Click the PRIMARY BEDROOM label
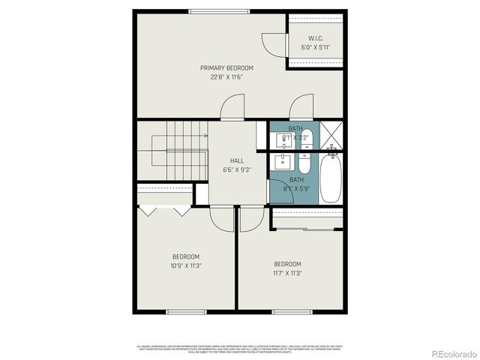(226, 67)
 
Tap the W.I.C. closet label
(316, 38)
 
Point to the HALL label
(237, 160)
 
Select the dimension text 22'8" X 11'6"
(226, 76)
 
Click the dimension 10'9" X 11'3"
(186, 265)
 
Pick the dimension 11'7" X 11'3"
(287, 273)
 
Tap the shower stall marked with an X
(334, 136)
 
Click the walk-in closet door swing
(271, 42)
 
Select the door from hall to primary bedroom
(234, 108)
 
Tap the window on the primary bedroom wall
(219, 10)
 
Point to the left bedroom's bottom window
(186, 311)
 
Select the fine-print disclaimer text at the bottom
(240, 349)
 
